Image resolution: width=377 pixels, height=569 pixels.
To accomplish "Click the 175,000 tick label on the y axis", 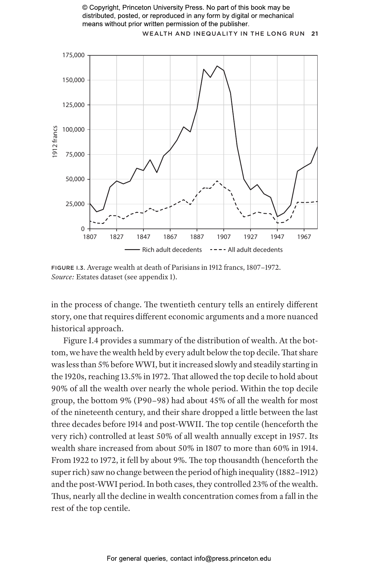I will pyautogui.click(x=73, y=55).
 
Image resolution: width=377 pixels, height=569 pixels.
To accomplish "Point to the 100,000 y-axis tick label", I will pyautogui.click(x=73, y=129).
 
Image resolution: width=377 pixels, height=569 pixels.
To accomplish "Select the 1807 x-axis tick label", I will pyautogui.click(x=90, y=237).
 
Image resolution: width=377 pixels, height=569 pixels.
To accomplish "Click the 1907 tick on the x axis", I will pyautogui.click(x=224, y=237).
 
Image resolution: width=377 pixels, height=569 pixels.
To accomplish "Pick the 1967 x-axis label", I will pyautogui.click(x=304, y=237).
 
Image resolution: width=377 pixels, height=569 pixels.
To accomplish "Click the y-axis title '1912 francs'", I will pyautogui.click(x=55, y=141).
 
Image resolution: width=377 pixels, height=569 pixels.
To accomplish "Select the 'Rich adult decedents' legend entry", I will pyautogui.click(x=172, y=250).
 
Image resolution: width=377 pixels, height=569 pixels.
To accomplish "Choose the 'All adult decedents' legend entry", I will pyautogui.click(x=255, y=250).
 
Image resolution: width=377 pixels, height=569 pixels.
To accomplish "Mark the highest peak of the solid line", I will pyautogui.click(x=217, y=66).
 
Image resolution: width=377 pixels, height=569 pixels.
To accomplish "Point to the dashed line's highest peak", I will pyautogui.click(x=217, y=181).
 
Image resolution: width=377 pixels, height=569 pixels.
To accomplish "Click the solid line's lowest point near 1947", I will pyautogui.click(x=277, y=217).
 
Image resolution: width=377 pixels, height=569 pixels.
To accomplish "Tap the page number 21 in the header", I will pyautogui.click(x=315, y=34).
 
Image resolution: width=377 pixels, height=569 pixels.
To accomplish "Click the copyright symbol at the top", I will pyautogui.click(x=85, y=8).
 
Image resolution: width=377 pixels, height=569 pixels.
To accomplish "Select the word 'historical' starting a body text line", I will pyautogui.click(x=69, y=329).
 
